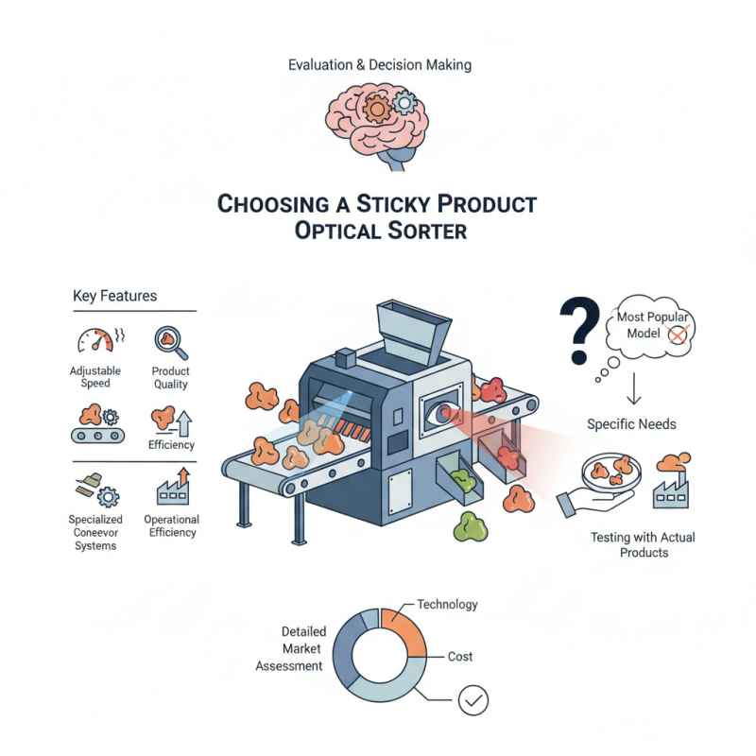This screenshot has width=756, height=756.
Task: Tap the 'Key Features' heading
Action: coord(114,296)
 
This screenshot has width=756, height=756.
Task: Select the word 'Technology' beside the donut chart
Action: coord(447,604)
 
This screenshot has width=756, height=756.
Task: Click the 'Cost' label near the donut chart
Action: coord(460,656)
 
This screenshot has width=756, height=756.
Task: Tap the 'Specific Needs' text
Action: coord(631,424)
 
